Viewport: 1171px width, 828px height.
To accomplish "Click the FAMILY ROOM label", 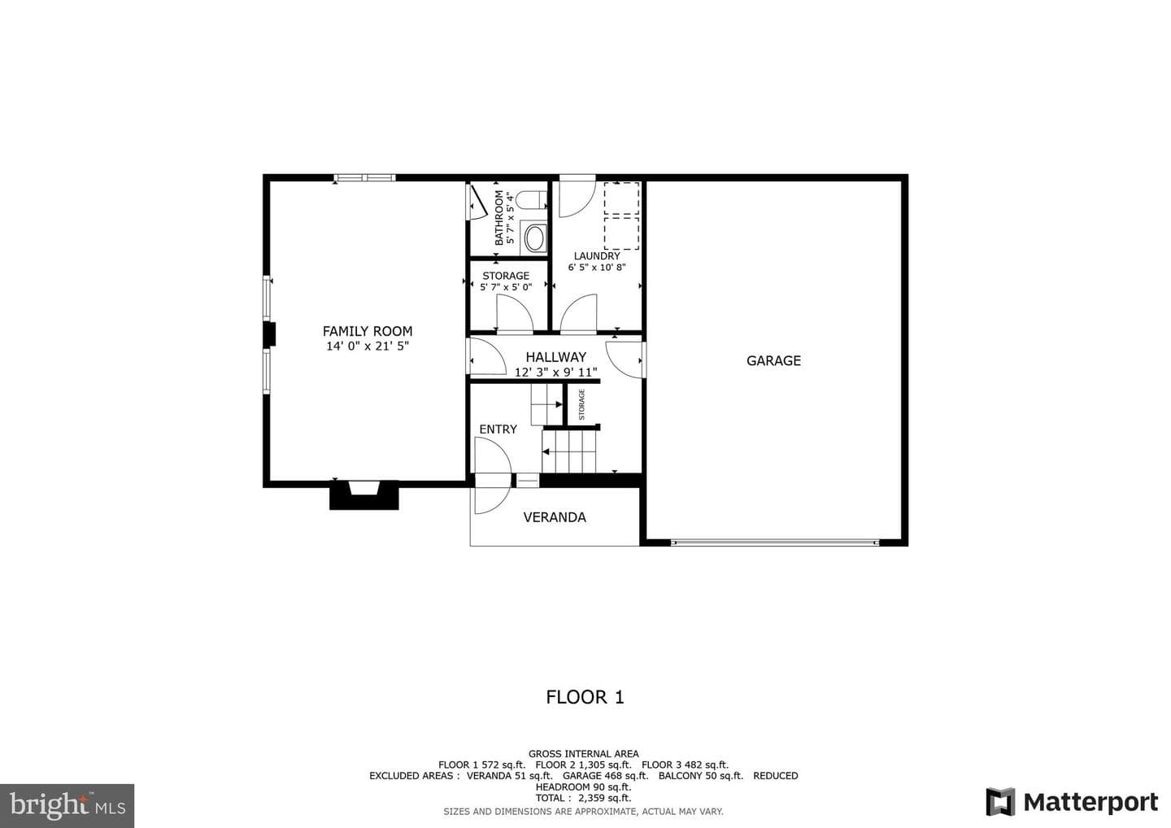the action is coord(368,331).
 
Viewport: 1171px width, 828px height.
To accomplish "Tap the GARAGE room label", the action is coord(773,360).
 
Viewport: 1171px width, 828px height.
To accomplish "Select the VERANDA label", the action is coord(555,517).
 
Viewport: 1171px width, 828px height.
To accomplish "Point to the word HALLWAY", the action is coord(555,357).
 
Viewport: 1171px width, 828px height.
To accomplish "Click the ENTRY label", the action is coord(498,429).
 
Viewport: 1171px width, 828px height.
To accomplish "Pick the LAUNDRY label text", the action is coord(597,256).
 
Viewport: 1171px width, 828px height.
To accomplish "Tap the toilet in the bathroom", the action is coord(531,200).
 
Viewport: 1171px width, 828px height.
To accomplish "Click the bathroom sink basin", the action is coord(534,239).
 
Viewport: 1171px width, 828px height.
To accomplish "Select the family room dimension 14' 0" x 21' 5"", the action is coord(368,346).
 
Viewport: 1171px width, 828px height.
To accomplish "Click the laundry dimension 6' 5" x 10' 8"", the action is coord(597,268).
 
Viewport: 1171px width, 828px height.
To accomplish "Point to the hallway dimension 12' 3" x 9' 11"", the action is coord(555,373).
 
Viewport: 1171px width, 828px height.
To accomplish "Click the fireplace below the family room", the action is coord(363,495).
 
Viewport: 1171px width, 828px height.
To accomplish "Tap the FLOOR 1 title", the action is coord(585,697).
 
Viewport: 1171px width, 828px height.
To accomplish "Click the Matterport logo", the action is coord(1072,803).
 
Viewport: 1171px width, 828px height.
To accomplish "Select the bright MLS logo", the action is coord(67,805).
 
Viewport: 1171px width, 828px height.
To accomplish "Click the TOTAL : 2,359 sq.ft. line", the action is coord(583,798).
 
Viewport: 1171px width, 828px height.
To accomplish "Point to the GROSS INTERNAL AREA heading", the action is coord(583,754).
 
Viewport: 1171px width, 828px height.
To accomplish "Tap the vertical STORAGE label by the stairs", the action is coord(582,404).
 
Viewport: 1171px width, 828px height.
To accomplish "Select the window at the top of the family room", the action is coord(365,178).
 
